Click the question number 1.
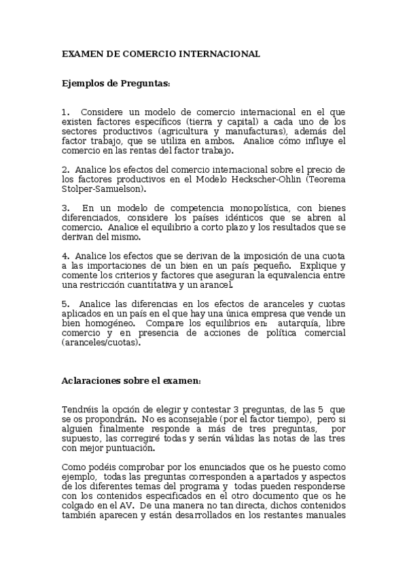click(65, 112)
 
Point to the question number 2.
click(65, 169)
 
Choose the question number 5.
click(65, 303)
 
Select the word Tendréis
click(79, 408)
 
